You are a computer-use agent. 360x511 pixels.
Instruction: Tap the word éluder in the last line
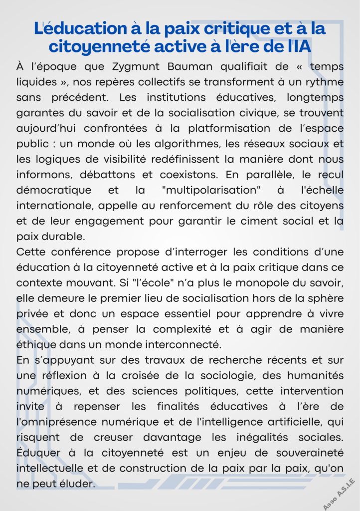[x=77, y=484]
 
